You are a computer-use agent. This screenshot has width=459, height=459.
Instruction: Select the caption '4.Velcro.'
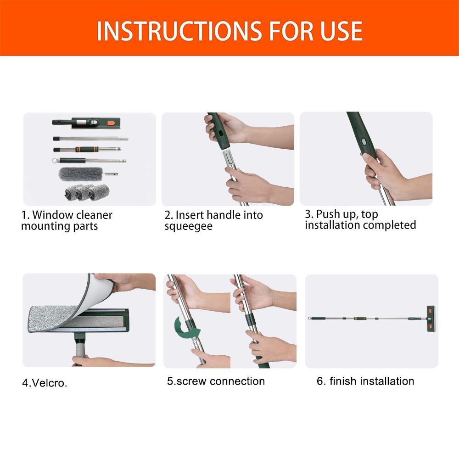click(45, 383)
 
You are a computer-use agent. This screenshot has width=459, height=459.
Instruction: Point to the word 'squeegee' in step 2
click(188, 227)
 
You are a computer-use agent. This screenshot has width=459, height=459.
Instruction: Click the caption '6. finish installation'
click(365, 381)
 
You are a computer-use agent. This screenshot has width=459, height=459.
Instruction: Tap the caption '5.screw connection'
click(216, 381)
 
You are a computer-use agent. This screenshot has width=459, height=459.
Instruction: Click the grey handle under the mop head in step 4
click(81, 351)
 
